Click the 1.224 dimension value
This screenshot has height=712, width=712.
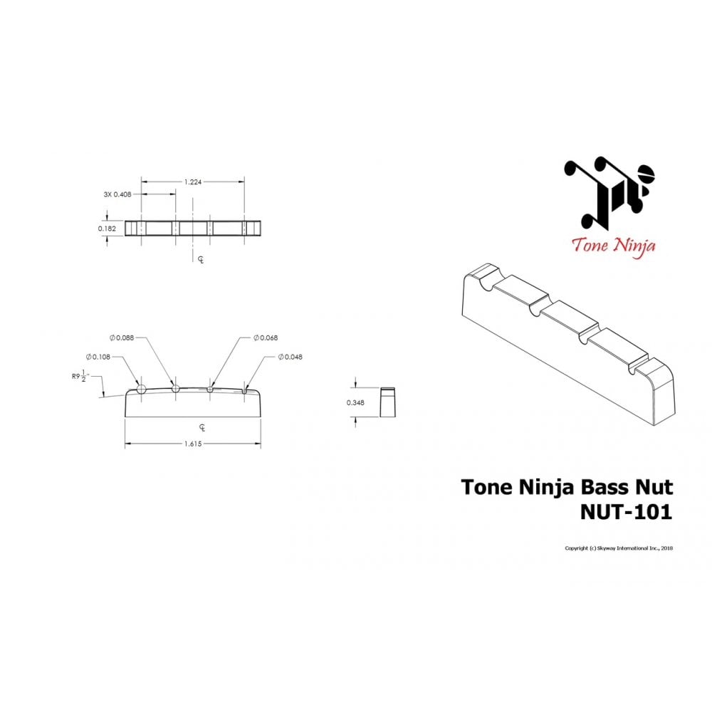192,182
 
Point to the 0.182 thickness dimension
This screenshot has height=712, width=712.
107,229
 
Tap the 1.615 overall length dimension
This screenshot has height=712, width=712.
192,443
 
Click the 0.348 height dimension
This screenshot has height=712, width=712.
355,403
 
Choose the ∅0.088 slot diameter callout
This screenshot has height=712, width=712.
122,337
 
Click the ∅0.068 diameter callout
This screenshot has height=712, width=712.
266,337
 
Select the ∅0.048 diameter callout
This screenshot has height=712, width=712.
290,356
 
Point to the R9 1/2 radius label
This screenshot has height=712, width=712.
79,377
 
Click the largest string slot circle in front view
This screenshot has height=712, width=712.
141,389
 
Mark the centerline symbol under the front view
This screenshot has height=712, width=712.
201,427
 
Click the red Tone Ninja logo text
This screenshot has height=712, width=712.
613,246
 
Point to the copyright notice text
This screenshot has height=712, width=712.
619,548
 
